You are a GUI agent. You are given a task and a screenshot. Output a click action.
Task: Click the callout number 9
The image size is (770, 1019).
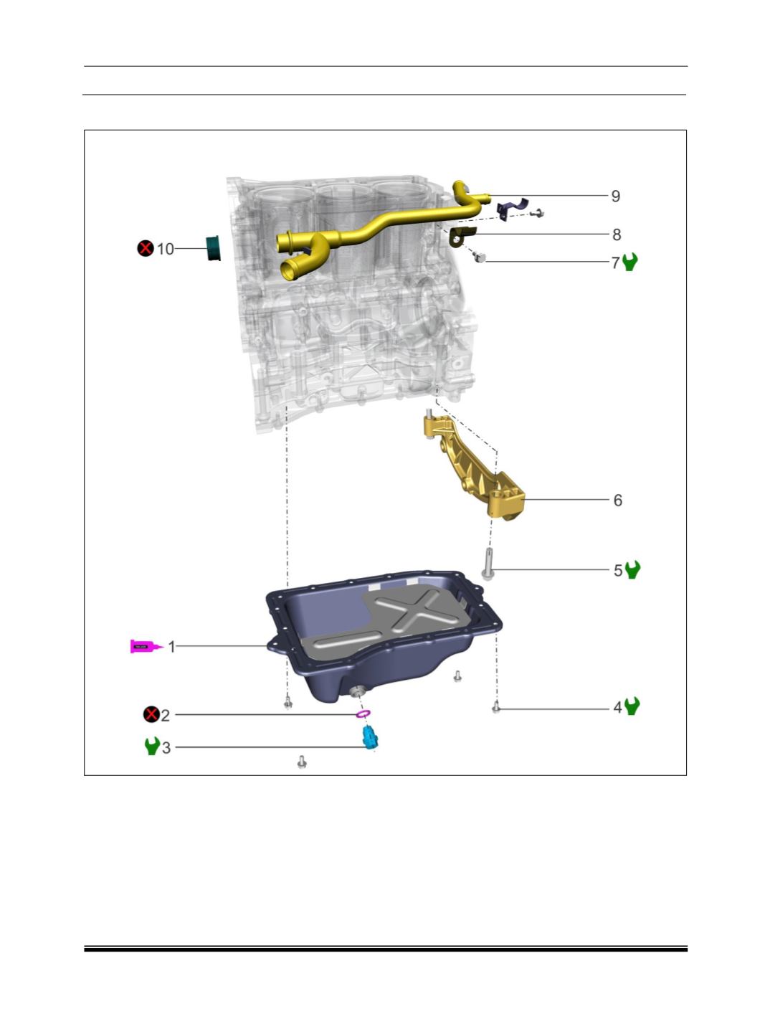click(x=615, y=196)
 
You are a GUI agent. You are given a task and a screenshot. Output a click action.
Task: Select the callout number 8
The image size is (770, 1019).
click(x=617, y=235)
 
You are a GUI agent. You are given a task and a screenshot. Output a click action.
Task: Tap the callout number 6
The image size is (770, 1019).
click(x=617, y=501)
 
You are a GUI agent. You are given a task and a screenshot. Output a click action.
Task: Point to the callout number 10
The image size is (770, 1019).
click(x=165, y=249)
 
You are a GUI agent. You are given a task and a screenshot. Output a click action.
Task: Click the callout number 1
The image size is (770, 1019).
click(x=172, y=647)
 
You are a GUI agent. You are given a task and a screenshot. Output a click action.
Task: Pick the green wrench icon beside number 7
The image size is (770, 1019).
click(x=629, y=262)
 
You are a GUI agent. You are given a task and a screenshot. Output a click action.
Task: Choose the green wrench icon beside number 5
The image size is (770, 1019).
click(x=632, y=569)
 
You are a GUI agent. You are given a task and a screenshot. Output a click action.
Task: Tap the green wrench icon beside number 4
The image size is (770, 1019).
click(x=632, y=706)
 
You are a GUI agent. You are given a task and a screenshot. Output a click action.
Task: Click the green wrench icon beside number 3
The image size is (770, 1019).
click(x=152, y=746)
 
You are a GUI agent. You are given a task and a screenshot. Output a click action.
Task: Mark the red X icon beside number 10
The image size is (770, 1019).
click(x=146, y=248)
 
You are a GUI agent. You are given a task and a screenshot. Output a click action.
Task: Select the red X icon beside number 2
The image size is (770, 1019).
click(x=151, y=714)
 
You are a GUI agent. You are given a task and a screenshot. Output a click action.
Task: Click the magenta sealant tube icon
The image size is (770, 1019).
click(x=147, y=646)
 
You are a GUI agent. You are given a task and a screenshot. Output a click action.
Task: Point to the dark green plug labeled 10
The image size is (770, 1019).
click(x=214, y=248)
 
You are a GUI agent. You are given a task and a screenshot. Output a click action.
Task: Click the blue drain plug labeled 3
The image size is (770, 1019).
click(x=370, y=738)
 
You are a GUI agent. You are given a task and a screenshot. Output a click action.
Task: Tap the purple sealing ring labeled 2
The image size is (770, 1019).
click(x=363, y=714)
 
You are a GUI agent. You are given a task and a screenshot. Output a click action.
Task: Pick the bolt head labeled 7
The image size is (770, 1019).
click(x=480, y=257)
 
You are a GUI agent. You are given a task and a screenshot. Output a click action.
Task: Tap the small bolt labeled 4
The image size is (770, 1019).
click(x=495, y=708)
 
